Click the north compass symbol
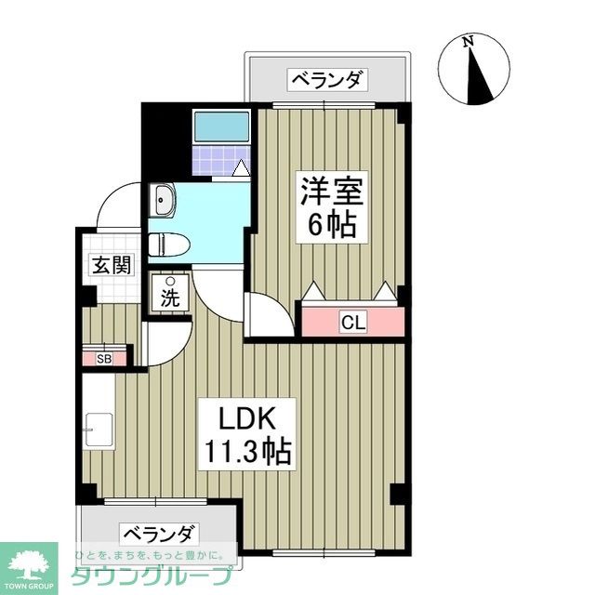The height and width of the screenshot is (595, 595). [476, 71]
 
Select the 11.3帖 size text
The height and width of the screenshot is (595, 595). [246, 453]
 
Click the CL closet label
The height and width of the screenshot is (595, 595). [353, 323]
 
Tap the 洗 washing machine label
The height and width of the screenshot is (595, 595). [170, 299]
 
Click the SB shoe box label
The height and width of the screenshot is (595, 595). [103, 358]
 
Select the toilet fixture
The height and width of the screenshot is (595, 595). [171, 245]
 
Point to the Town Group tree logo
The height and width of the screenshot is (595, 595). [29, 563]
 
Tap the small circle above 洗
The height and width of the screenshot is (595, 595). [170, 281]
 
